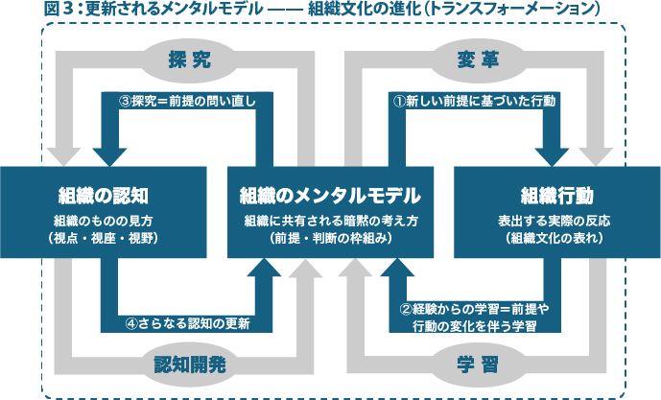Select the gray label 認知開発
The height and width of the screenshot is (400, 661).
tap(189, 364)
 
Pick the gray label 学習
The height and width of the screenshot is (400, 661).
tap(477, 364)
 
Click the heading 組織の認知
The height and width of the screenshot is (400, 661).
tap(103, 197)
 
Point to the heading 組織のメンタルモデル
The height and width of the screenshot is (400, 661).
tap(331, 197)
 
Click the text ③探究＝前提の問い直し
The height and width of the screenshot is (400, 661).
tap(187, 100)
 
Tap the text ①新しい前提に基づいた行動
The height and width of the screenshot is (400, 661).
tap(475, 100)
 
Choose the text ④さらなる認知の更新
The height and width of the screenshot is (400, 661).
tap(186, 323)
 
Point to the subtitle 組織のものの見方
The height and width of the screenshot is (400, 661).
tap(103, 221)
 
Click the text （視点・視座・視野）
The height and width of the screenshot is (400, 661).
tap(103, 237)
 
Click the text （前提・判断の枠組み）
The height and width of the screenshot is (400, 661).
tap(331, 237)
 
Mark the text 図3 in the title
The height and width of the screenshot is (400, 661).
tap(57, 10)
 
